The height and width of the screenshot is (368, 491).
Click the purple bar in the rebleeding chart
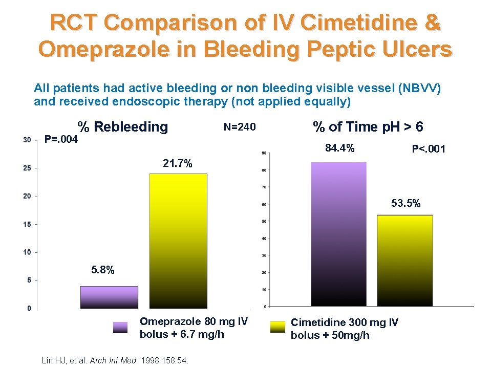[109, 297]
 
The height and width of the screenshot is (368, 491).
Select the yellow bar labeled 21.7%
[171, 241]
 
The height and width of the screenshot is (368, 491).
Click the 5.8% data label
[103, 270]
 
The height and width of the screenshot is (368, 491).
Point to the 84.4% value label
[340, 149]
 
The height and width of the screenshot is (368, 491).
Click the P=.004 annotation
[61, 139]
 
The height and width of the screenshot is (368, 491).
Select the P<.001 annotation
[429, 149]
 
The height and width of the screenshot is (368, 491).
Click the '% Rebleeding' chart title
[122, 126]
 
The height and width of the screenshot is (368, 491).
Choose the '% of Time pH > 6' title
[368, 126]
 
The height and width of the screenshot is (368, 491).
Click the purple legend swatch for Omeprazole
[120, 328]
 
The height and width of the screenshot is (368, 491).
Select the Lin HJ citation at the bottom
[115, 361]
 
